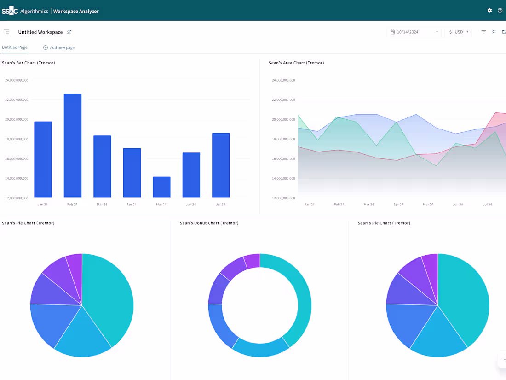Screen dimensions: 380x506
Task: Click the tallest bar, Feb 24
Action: tap(73, 146)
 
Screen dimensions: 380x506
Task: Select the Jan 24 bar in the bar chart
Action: tap(43, 159)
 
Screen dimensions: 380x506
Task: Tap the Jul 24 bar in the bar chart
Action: tap(221, 165)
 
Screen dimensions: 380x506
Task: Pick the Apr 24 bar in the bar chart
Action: tap(132, 173)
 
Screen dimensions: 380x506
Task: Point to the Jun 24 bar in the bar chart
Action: tap(191, 175)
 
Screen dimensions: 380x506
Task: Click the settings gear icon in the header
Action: tap(489, 11)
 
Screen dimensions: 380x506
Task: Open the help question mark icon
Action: tap(500, 11)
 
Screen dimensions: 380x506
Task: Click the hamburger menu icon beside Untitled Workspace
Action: tap(6, 32)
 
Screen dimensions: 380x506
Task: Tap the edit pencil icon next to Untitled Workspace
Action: tap(69, 32)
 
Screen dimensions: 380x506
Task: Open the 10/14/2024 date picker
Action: tap(414, 32)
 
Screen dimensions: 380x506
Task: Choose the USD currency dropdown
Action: tap(459, 32)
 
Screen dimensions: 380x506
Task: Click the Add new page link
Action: tap(58, 47)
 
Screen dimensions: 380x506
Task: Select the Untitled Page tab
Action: tap(15, 47)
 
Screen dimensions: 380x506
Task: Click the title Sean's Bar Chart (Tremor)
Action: tap(29, 63)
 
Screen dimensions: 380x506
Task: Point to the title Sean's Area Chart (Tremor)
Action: tap(296, 63)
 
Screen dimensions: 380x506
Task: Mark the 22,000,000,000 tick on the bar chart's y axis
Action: tap(17, 99)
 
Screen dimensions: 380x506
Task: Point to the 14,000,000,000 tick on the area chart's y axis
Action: tap(283, 178)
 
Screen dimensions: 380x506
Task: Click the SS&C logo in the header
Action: tap(10, 11)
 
